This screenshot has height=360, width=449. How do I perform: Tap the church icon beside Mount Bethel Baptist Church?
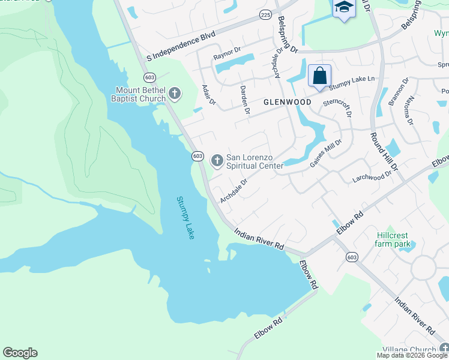(x=175, y=93)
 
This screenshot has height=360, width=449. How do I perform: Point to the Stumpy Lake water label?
(x=185, y=218)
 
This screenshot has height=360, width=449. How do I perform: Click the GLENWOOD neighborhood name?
(x=288, y=102)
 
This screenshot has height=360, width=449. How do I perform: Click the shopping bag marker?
(x=320, y=76)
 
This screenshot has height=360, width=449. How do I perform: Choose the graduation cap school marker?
(x=344, y=8)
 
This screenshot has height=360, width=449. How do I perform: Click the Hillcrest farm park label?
(x=393, y=239)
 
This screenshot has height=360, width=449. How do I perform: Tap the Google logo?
(x=20, y=353)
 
